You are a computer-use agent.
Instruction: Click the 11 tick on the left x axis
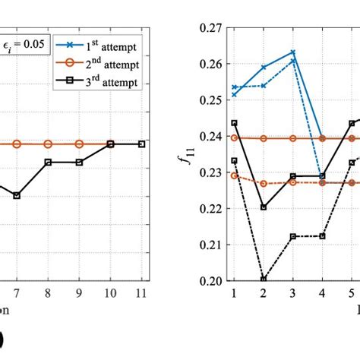(141, 293)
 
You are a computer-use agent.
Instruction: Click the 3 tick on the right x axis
(293, 293)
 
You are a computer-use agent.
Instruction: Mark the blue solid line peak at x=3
(293, 52)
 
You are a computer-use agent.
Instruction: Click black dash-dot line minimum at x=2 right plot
(264, 279)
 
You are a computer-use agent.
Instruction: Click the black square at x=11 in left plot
(141, 144)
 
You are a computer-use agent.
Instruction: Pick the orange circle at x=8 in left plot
(48, 144)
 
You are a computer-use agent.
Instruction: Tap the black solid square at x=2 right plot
(264, 207)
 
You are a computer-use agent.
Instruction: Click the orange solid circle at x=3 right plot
(293, 138)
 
